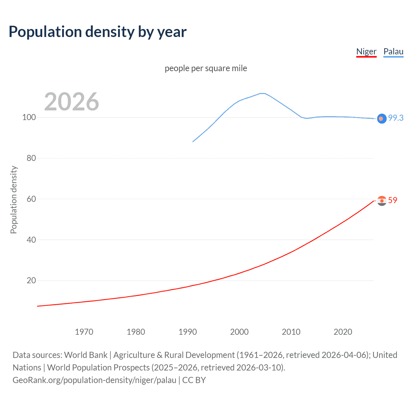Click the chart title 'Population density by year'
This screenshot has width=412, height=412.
(98, 32)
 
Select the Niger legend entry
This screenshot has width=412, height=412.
(366, 51)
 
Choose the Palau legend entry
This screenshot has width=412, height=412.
(393, 51)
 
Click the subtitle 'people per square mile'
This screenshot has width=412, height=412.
(206, 68)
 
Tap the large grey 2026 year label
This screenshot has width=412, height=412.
(71, 102)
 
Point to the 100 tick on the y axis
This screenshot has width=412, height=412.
(29, 117)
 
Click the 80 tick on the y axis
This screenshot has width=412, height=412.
(31, 158)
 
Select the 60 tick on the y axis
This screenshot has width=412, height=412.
(31, 199)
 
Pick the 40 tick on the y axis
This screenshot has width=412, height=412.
(31, 240)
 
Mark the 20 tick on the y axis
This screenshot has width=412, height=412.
(31, 280)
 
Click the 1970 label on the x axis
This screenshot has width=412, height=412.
(84, 332)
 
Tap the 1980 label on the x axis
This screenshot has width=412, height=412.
(136, 332)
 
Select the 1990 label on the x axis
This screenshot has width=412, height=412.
(188, 332)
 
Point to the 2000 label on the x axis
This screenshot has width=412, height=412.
(239, 332)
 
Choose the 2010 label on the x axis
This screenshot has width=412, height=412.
(291, 332)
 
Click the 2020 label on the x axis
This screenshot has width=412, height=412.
(343, 332)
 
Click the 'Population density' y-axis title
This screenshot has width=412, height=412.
(14, 200)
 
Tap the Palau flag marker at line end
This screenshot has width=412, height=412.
(381, 119)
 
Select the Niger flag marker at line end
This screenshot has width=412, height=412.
(382, 201)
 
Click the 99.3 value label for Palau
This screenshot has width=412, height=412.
(396, 118)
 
